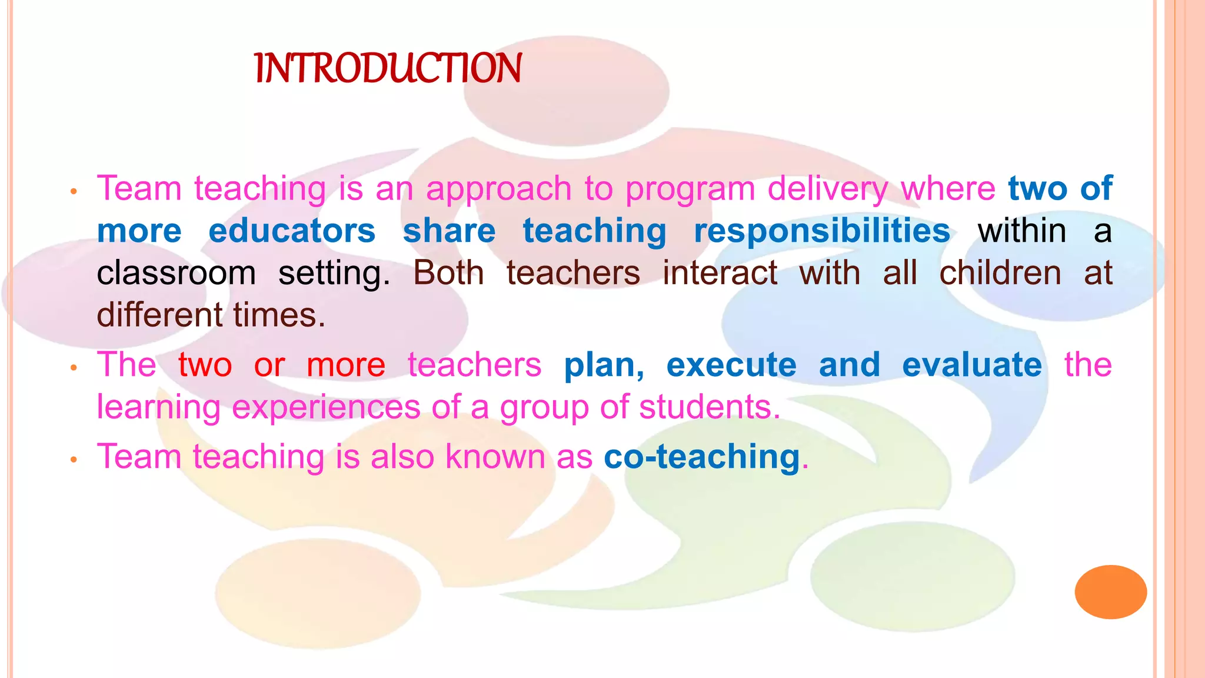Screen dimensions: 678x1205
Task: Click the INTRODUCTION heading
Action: [x=388, y=68]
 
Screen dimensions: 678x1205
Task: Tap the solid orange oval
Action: [x=1110, y=591]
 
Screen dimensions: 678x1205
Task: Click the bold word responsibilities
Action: [x=822, y=231]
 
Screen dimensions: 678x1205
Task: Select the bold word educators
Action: [x=292, y=231]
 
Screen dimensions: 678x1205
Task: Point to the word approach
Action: [x=498, y=190]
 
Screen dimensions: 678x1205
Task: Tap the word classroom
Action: [x=176, y=274]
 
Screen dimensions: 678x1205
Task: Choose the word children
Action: [x=1000, y=273]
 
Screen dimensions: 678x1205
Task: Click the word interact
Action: [x=720, y=273]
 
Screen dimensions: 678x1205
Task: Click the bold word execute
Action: [x=731, y=365]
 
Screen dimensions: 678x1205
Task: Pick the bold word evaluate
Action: [x=971, y=365]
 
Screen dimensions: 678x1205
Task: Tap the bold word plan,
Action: [x=604, y=365]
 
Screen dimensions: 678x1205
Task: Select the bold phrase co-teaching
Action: [x=702, y=457]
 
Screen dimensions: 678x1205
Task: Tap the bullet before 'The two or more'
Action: [x=74, y=368]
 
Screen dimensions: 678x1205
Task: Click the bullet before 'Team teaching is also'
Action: [x=74, y=460]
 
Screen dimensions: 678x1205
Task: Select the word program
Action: [x=690, y=190]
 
